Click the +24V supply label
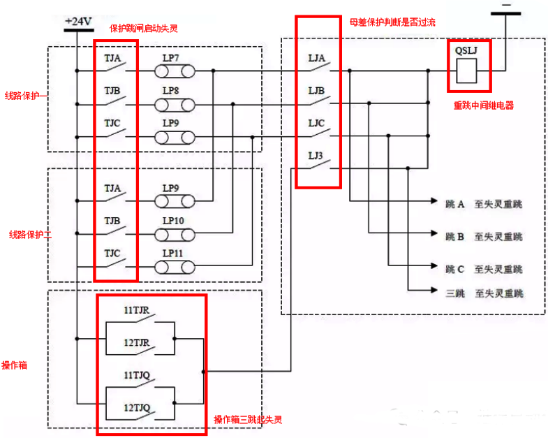[78, 22]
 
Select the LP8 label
[171, 91]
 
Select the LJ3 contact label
[315, 155]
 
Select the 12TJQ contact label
[137, 407]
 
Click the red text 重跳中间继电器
[483, 105]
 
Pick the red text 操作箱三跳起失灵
[248, 419]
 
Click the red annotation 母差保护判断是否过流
[392, 22]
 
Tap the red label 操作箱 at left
[14, 365]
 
